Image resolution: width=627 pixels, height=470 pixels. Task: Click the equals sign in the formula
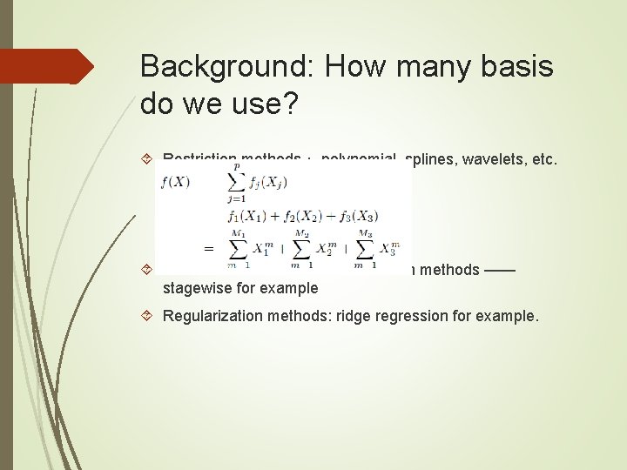tap(209, 248)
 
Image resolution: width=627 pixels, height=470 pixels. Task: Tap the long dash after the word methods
tap(500, 270)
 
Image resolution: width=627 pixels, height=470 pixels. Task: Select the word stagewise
tap(198, 288)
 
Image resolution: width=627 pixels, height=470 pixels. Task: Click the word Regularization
tap(211, 315)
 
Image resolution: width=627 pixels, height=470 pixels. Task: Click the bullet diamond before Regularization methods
tap(146, 315)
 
